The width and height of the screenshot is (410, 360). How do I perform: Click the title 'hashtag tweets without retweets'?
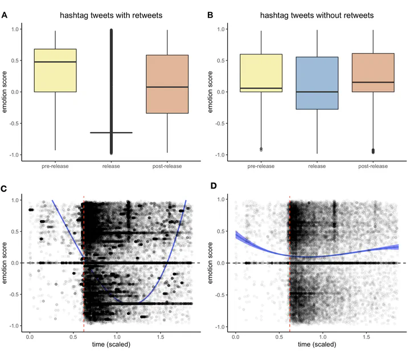click(317, 15)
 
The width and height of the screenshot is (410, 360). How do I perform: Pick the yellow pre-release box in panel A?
click(55, 70)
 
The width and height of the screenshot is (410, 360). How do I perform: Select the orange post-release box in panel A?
click(167, 84)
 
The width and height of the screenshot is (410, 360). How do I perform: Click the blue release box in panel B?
click(317, 83)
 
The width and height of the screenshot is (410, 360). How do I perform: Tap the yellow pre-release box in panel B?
click(261, 73)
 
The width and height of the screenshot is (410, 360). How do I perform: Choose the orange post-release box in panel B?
click(373, 72)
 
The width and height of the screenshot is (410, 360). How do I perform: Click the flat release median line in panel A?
click(112, 133)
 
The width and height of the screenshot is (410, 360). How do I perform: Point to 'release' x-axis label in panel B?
click(317, 166)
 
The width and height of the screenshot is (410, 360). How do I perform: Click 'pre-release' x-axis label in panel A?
click(55, 166)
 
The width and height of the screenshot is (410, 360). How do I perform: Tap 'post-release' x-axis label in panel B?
click(373, 166)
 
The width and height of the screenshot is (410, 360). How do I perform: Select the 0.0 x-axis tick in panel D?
click(236, 337)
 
